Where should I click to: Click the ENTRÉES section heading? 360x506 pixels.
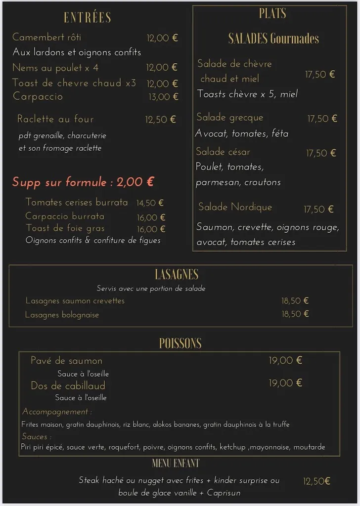(87, 18)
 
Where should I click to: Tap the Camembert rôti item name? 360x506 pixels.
(46, 38)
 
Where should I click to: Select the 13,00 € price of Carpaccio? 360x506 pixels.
(163, 97)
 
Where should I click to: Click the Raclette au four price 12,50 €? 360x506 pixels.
(160, 120)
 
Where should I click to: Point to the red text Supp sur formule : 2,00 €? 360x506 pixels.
(83, 182)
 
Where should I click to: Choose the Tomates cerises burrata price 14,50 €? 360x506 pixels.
(150, 203)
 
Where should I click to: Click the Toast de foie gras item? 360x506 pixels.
(65, 228)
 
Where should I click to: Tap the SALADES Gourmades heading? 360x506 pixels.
(273, 39)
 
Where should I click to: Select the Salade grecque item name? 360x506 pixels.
(230, 118)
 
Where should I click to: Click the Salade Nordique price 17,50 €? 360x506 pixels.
(318, 210)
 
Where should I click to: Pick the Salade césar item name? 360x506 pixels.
(223, 152)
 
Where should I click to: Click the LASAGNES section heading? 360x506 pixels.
(177, 275)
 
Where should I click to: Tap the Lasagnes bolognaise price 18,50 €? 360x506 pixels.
(295, 314)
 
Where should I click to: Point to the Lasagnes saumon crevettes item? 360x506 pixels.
(75, 301)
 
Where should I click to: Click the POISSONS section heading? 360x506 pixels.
(180, 343)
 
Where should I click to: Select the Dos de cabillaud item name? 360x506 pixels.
(68, 386)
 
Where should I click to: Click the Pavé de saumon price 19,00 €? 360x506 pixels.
(285, 361)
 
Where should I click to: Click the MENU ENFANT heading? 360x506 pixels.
(176, 464)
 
